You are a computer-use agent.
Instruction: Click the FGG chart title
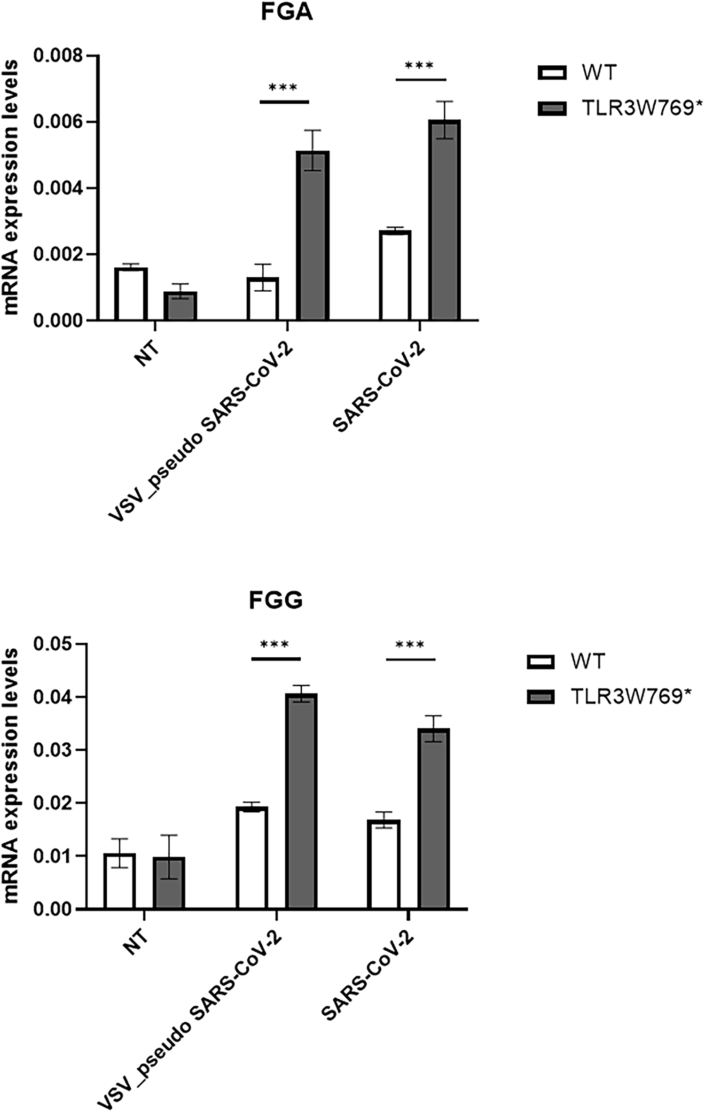pyautogui.click(x=275, y=600)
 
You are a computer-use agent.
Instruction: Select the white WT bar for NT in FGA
pyautogui.click(x=131, y=294)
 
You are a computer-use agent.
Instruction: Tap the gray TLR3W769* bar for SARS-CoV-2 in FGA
pyautogui.click(x=444, y=221)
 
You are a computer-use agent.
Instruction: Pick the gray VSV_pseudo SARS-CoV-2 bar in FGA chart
pyautogui.click(x=313, y=236)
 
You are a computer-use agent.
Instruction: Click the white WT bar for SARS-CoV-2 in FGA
pyautogui.click(x=395, y=275)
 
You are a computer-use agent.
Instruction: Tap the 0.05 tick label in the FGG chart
pyautogui.click(x=52, y=644)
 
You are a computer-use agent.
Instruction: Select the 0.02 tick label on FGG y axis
pyautogui.click(x=52, y=803)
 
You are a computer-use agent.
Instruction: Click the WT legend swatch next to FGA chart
pyautogui.click(x=552, y=73)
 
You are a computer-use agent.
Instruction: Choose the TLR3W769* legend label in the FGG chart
pyautogui.click(x=631, y=697)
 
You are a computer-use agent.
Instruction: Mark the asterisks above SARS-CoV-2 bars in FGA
pyautogui.click(x=419, y=65)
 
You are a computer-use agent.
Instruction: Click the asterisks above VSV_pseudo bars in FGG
pyautogui.click(x=274, y=645)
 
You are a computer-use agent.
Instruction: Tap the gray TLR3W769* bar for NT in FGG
pyautogui.click(x=169, y=882)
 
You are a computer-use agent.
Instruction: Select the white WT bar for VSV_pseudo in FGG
pyautogui.click(x=252, y=857)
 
